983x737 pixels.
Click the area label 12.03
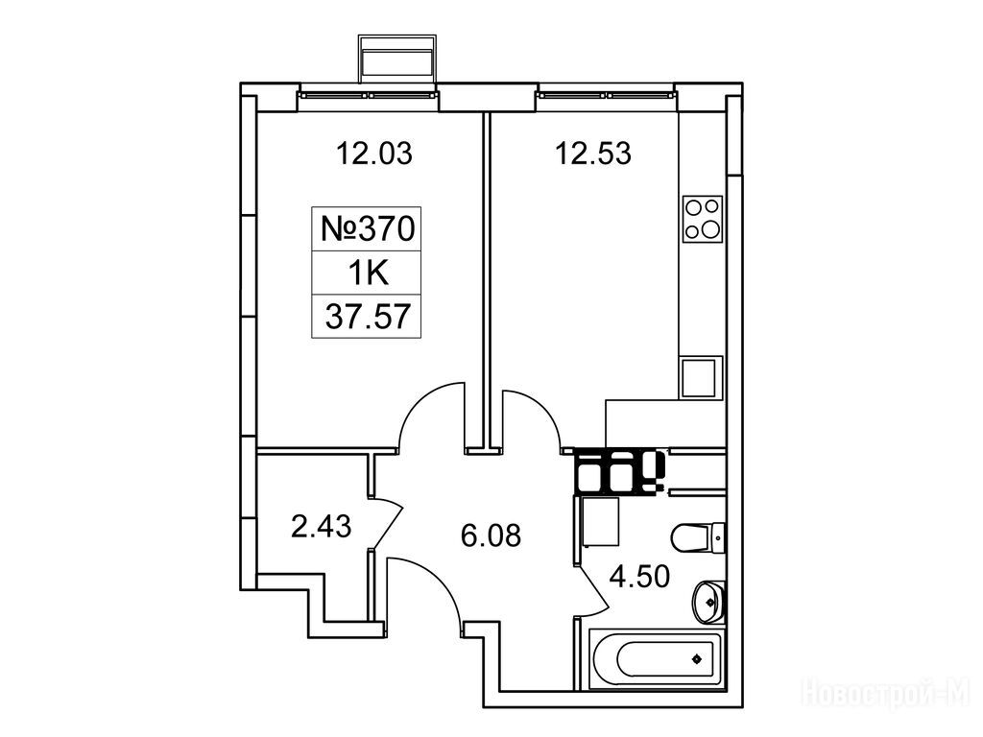click(374, 154)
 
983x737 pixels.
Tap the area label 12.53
click(593, 154)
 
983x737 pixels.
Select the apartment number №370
click(368, 228)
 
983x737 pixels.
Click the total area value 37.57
click(368, 317)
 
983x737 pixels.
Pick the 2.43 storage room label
click(321, 526)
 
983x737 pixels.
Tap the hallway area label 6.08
click(491, 535)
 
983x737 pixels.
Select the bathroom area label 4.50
click(639, 577)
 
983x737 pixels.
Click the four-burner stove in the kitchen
click(702, 218)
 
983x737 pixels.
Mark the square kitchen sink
click(698, 378)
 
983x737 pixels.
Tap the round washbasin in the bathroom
click(708, 602)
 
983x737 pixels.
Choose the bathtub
click(656, 659)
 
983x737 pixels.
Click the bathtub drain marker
click(696, 659)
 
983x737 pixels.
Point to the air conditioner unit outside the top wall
click(396, 59)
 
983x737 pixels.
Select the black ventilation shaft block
click(619, 471)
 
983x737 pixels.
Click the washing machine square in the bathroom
click(601, 522)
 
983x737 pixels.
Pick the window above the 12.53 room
click(607, 96)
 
